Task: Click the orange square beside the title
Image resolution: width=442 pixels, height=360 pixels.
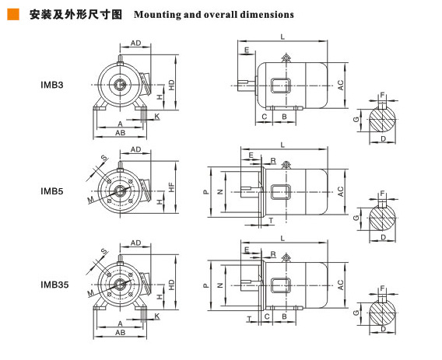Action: [13, 14]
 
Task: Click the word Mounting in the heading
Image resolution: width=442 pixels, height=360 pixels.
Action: [156, 15]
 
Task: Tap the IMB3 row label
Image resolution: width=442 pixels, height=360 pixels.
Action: [52, 85]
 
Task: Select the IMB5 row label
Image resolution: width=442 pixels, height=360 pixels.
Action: [52, 191]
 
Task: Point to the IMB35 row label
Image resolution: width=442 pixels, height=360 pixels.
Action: [54, 285]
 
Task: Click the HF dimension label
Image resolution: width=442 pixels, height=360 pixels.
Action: [171, 187]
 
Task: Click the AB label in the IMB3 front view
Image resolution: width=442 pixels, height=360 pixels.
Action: [121, 133]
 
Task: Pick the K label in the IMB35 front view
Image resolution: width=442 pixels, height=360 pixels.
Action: [157, 316]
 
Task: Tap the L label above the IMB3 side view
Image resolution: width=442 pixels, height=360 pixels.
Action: [282, 37]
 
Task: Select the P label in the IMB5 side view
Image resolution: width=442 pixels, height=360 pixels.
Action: [206, 192]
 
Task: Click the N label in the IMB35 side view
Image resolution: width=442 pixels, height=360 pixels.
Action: [220, 285]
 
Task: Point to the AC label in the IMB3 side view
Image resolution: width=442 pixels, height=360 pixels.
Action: [341, 85]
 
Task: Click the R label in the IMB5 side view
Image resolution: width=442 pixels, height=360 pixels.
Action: [273, 161]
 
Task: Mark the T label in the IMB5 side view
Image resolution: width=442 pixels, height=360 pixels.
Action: [271, 221]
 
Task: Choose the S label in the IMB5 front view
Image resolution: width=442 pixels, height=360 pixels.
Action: [104, 158]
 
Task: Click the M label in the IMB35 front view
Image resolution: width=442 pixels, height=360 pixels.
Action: [91, 293]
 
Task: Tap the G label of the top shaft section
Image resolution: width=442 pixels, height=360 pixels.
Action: [356, 120]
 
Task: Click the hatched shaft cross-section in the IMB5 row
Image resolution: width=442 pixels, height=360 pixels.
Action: [383, 218]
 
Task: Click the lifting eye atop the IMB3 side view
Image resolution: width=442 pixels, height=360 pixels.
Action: [286, 58]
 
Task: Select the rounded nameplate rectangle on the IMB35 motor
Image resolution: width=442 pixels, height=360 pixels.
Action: [281, 285]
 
